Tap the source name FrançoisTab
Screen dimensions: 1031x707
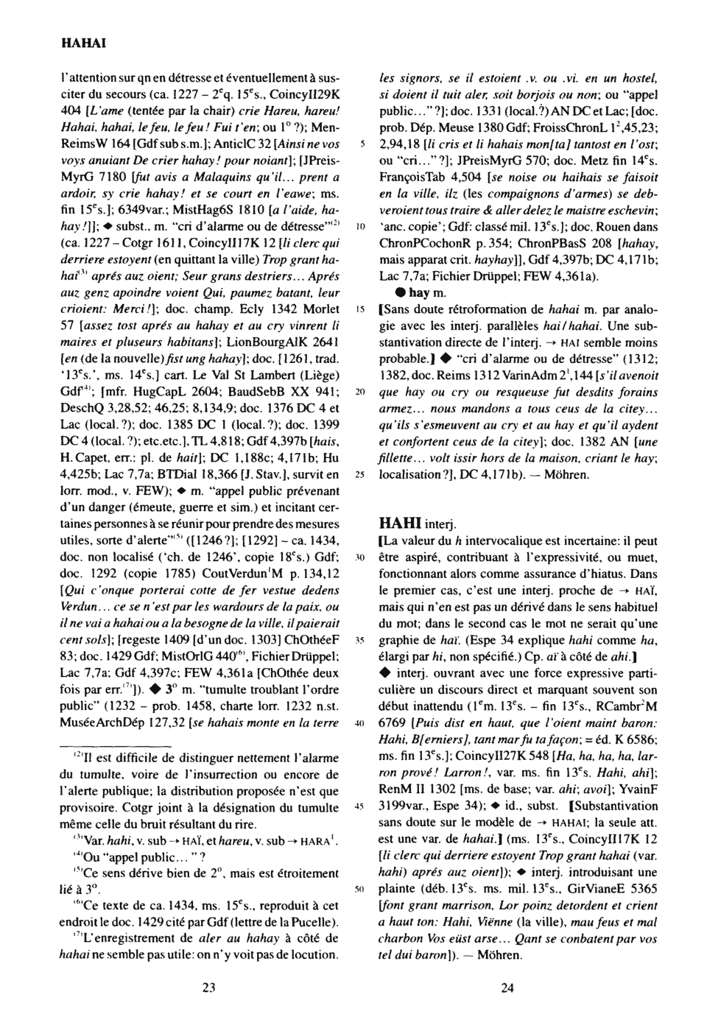[x=413, y=177]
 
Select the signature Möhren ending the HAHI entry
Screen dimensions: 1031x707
[x=499, y=955]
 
